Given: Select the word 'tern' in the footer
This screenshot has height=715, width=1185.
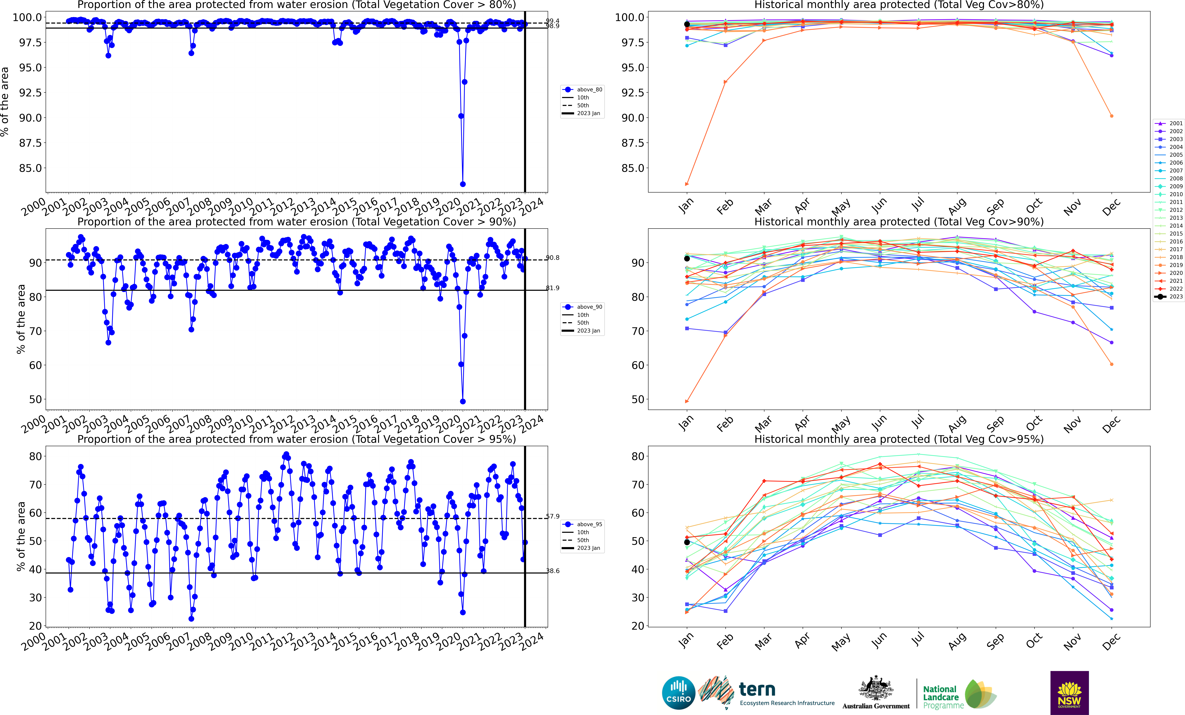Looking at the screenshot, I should (757, 690).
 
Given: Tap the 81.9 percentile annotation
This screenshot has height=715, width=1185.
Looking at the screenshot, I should (553, 288).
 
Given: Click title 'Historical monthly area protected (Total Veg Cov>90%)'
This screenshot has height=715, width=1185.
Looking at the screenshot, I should (899, 222).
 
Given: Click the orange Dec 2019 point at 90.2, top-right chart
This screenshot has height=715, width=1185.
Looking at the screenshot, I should (1111, 116).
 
